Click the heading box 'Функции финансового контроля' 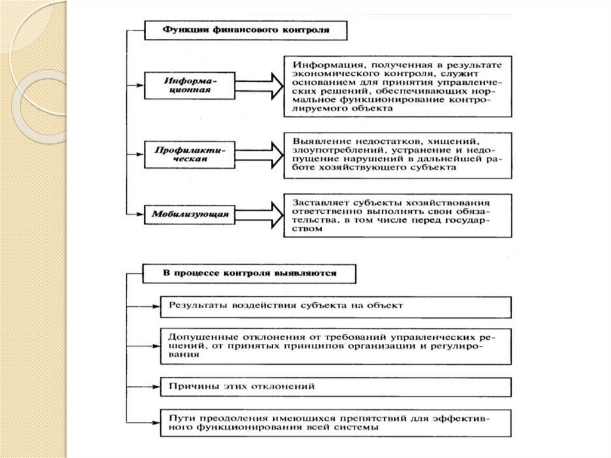[x=246, y=28]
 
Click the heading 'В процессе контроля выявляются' [x=249, y=273]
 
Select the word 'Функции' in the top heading [x=179, y=28]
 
